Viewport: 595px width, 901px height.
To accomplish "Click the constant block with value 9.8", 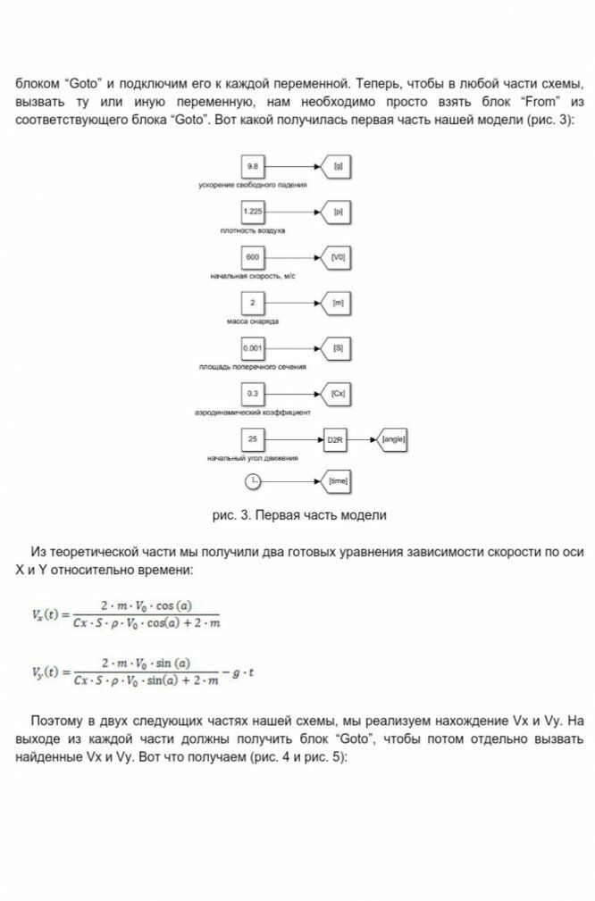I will [x=253, y=167].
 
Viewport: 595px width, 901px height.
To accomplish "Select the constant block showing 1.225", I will [x=253, y=213].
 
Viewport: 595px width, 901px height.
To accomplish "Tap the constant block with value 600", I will [x=253, y=258].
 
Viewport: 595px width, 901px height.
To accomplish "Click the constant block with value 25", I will [x=253, y=440].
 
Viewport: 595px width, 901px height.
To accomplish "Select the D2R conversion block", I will [x=336, y=440].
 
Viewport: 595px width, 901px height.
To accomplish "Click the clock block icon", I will [x=253, y=481].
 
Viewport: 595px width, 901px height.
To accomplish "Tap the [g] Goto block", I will [x=336, y=167].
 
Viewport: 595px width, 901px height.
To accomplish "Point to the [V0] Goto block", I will [x=336, y=258].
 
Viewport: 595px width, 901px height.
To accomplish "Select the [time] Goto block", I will [x=336, y=481].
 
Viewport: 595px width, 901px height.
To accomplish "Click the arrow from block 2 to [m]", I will [x=290, y=304].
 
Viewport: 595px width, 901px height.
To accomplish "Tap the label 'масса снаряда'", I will [x=253, y=321].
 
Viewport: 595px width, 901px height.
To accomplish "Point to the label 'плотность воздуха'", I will [x=253, y=230].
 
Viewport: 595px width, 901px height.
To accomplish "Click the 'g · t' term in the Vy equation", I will [x=243, y=672].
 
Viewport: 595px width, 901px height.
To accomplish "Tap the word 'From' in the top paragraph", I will [x=536, y=102].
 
